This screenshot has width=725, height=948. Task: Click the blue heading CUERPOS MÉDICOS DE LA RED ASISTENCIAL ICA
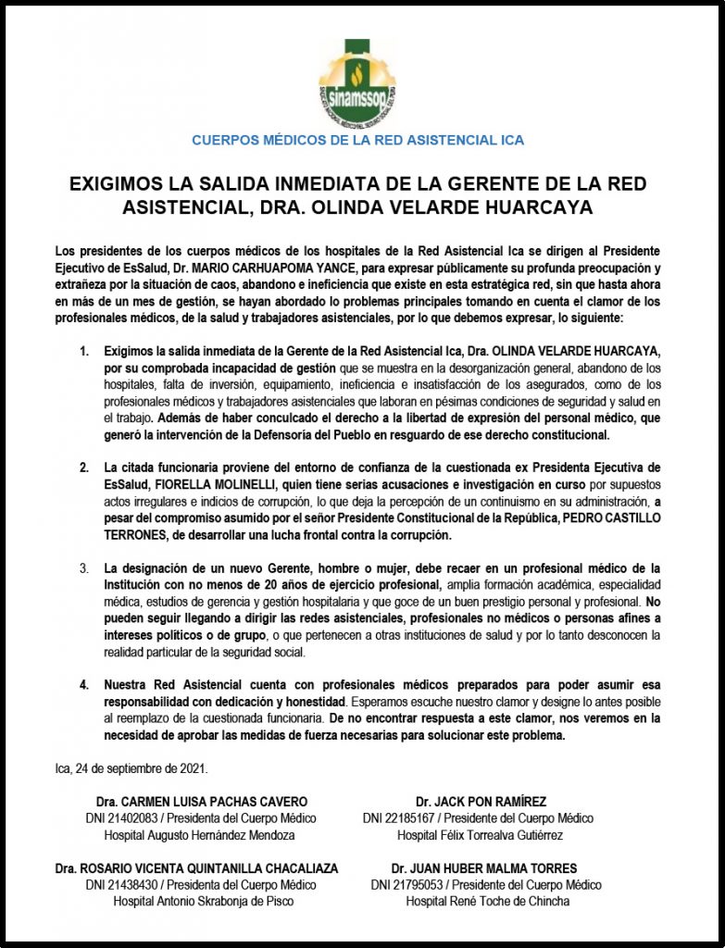pyautogui.click(x=357, y=141)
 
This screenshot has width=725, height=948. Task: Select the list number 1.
pyautogui.click(x=84, y=353)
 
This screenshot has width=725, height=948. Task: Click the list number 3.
pyautogui.click(x=84, y=567)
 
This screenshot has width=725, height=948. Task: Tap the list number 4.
pyautogui.click(x=84, y=684)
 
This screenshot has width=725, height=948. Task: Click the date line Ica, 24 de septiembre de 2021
pyautogui.click(x=119, y=767)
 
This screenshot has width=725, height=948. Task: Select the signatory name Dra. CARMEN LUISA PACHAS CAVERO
pyautogui.click(x=202, y=802)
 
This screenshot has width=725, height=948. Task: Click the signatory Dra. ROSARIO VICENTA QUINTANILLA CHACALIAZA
pyautogui.click(x=196, y=868)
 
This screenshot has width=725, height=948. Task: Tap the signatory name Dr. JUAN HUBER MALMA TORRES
pyautogui.click(x=483, y=868)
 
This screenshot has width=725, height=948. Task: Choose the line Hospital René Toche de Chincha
pyautogui.click(x=483, y=901)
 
